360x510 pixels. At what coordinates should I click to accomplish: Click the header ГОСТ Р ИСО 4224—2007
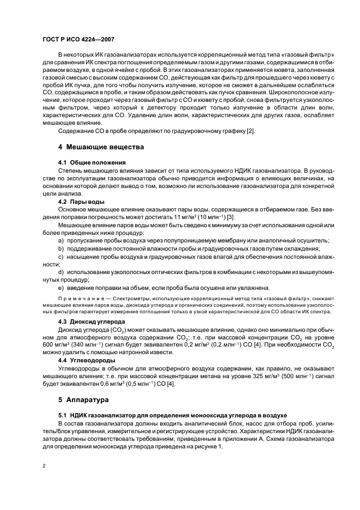click(78, 40)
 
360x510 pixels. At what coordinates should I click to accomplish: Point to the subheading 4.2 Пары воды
click(81, 202)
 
